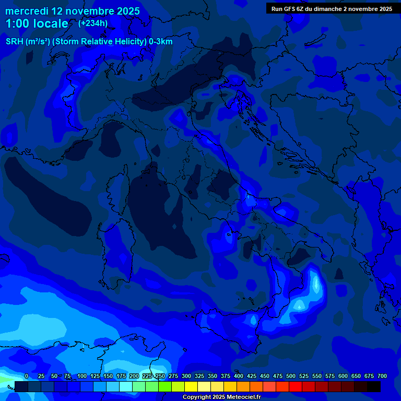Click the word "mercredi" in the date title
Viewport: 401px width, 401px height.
pos(27,11)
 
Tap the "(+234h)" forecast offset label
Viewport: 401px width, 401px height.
pos(93,23)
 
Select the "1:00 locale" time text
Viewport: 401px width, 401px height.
pos(37,23)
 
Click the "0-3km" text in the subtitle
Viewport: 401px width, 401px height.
pos(160,42)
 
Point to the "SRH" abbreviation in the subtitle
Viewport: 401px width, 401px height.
pos(14,42)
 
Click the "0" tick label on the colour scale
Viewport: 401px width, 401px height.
pos(27,376)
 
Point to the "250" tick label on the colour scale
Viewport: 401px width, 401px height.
pos(160,376)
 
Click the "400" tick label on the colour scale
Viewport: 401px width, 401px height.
pos(238,376)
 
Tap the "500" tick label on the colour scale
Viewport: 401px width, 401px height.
pos(290,376)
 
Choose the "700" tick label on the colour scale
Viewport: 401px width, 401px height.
pos(382,376)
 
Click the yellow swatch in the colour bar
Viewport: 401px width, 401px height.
pos(191,386)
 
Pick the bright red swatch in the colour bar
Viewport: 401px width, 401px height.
pos(296,386)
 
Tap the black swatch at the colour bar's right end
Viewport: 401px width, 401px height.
pos(374,386)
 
